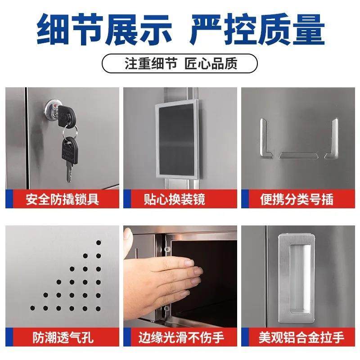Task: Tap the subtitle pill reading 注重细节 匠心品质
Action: (180, 63)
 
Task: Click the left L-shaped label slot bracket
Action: (264, 140)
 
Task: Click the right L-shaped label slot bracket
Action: (332, 140)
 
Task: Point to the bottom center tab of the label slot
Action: (298, 155)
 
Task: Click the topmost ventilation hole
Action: (99, 243)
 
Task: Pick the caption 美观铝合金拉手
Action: (301, 337)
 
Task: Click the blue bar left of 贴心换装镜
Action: (126, 198)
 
